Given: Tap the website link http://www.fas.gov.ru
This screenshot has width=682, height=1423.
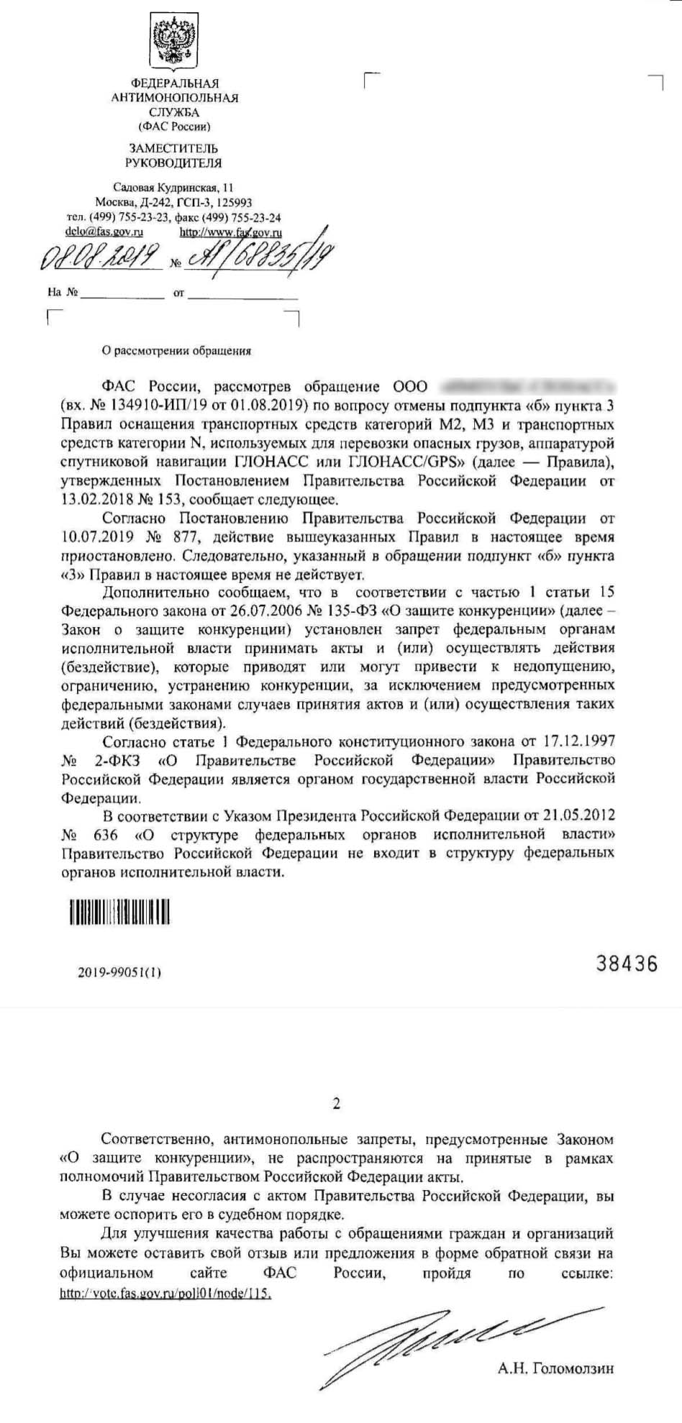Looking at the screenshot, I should pos(230,232).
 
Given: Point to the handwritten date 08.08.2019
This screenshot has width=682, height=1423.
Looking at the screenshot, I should pos(101,257).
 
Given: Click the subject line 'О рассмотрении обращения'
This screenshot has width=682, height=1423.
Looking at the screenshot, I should pos(176,352).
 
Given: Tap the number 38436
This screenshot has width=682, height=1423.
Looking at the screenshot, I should pos(627,963).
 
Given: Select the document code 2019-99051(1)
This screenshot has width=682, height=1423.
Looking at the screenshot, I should pos(120,973).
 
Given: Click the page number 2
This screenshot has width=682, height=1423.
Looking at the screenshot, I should pos(337,1104).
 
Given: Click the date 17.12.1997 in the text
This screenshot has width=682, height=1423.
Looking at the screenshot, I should pos(581,741).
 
